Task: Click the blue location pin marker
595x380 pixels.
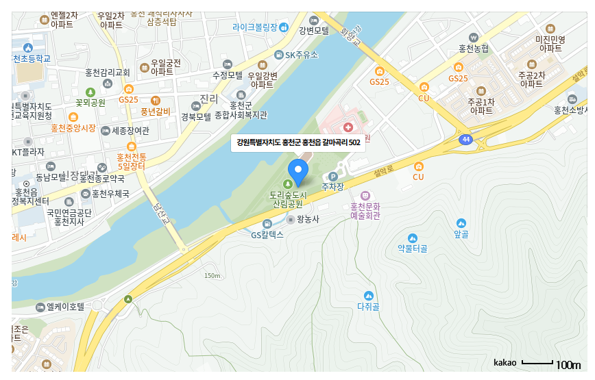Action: pyautogui.click(x=297, y=171)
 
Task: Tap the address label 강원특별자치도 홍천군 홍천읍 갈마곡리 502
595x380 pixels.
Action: pyautogui.click(x=298, y=142)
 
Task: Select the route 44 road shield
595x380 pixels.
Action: pyautogui.click(x=466, y=140)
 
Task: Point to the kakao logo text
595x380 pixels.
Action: pyautogui.click(x=505, y=362)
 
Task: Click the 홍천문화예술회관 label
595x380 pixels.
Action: pyautogui.click(x=365, y=210)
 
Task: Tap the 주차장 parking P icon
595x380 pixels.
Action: pyautogui.click(x=334, y=176)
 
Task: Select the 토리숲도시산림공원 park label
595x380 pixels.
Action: pyautogui.click(x=287, y=199)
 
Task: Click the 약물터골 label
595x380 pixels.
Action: pyautogui.click(x=412, y=249)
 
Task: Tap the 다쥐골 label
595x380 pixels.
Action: pyautogui.click(x=368, y=305)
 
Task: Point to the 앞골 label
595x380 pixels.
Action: pyautogui.click(x=461, y=234)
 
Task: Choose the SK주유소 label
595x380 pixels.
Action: pyautogui.click(x=302, y=55)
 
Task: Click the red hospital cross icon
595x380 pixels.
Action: pyautogui.click(x=348, y=127)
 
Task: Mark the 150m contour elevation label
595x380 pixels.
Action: pyautogui.click(x=212, y=276)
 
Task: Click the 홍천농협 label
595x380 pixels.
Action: pyautogui.click(x=474, y=49)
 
